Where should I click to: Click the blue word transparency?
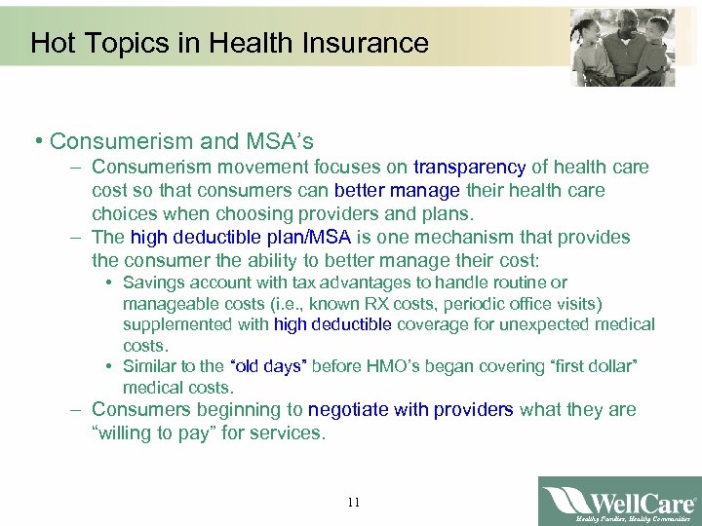coord(469,168)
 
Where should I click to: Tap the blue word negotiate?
coord(352,409)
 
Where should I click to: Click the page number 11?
coord(353,503)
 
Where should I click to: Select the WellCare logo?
coord(620,501)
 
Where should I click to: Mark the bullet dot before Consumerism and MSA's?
coord(35,142)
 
